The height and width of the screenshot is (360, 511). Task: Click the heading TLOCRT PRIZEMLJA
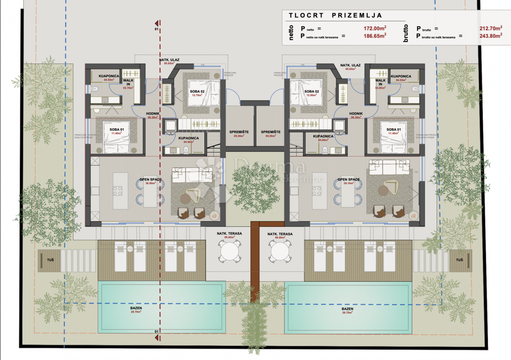pyautogui.click(x=335, y=15)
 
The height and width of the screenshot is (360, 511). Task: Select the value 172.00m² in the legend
pyautogui.click(x=374, y=29)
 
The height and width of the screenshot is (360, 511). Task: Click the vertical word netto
pyautogui.click(x=292, y=32)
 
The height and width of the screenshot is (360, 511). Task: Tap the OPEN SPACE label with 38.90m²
pyautogui.click(x=150, y=181)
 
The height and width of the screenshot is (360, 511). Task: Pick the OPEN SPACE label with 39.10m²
pyautogui.click(x=349, y=181)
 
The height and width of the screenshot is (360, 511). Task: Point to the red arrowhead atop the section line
pyautogui.click(x=157, y=23)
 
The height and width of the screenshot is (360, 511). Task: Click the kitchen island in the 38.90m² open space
pyautogui.click(x=118, y=191)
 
